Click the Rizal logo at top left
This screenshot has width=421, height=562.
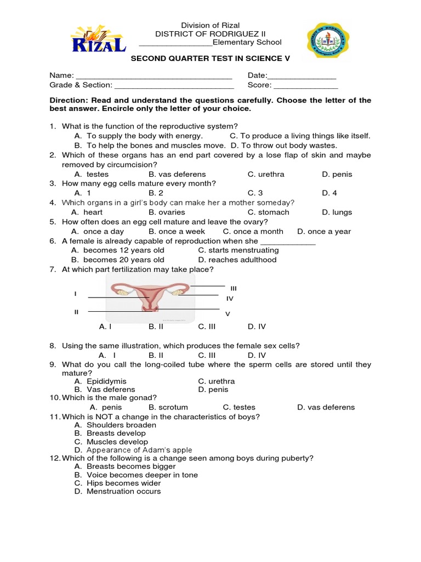[98, 39]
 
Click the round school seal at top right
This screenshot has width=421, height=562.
[328, 43]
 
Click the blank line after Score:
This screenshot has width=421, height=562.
[306, 85]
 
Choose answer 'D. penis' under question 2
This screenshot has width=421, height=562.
[337, 175]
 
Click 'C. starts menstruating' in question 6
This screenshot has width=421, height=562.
[238, 250]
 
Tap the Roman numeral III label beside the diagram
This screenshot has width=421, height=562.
[234, 288]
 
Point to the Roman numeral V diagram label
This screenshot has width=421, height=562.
[228, 314]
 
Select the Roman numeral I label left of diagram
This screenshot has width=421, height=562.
[75, 294]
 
